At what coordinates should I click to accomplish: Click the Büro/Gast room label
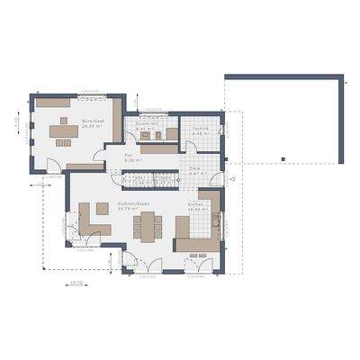click(x=89, y=122)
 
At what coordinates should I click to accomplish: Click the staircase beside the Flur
click(x=148, y=180)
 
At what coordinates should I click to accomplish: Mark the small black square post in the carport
click(x=282, y=160)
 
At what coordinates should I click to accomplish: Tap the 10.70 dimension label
click(x=76, y=283)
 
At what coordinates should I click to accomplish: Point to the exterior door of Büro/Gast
click(x=54, y=166)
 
